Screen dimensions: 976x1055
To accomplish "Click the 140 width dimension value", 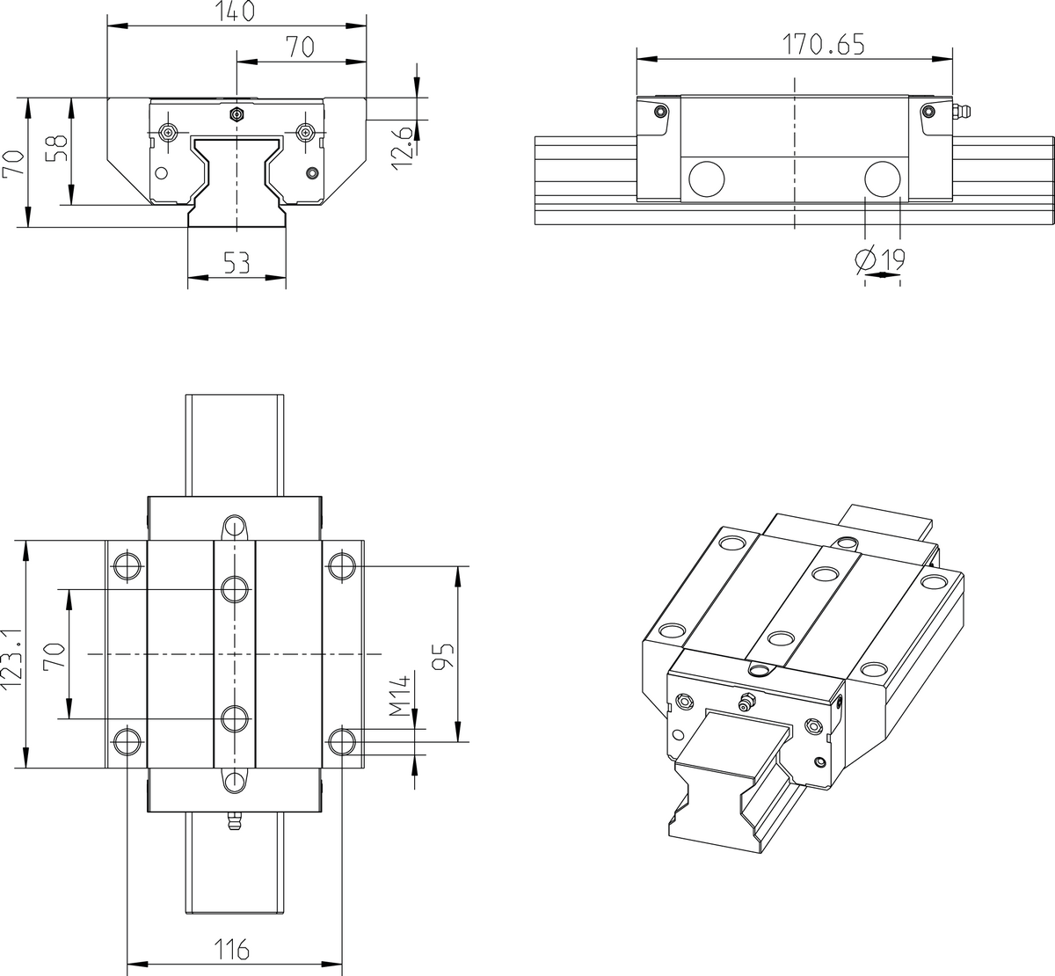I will (x=235, y=11).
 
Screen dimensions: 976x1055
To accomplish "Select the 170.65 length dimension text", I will (x=822, y=44).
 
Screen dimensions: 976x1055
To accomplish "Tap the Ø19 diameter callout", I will (x=880, y=259).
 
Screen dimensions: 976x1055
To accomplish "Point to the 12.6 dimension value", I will (x=403, y=145).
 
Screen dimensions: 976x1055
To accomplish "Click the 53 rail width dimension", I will (x=236, y=262).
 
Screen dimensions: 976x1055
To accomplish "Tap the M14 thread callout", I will (x=402, y=696).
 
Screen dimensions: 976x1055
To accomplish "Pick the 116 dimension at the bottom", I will (x=234, y=950).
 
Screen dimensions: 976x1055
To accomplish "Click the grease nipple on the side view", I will (x=961, y=113).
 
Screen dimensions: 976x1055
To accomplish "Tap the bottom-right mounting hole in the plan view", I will (x=341, y=740).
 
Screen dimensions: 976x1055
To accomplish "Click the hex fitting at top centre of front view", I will (x=236, y=114).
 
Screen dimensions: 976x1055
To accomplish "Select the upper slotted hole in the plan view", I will (x=234, y=527).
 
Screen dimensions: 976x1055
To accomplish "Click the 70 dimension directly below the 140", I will (x=300, y=47).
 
